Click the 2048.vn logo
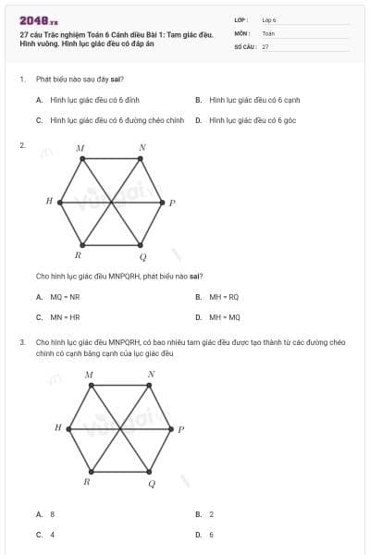tap(38, 20)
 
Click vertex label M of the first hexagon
tap(80, 148)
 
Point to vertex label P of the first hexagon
tap(172, 203)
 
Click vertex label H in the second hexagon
tap(57, 427)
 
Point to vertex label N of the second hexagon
tap(151, 375)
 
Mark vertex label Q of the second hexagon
tap(152, 484)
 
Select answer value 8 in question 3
tap(52, 513)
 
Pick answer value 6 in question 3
tap(211, 535)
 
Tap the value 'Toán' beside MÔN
tap(268, 32)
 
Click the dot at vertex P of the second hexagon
tap(171, 428)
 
